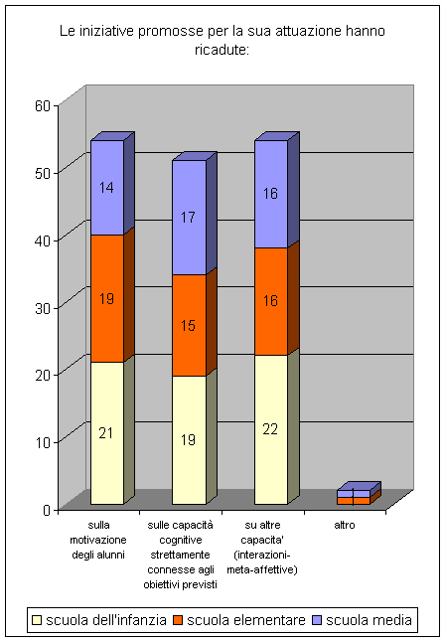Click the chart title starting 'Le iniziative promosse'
click(x=222, y=40)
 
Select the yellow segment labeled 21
click(x=107, y=433)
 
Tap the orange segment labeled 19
click(x=107, y=298)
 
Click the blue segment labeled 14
click(x=107, y=188)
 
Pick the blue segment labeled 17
click(x=189, y=217)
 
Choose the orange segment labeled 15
click(x=189, y=325)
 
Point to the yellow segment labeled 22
click(x=271, y=429)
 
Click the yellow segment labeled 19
click(x=189, y=440)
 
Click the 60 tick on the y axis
click(x=42, y=106)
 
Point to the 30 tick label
click(x=42, y=308)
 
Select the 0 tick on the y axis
click(x=47, y=510)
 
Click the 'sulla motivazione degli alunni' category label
click(x=98, y=540)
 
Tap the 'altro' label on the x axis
click(x=345, y=525)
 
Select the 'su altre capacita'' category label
click(x=262, y=548)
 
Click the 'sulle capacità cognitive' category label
click(x=180, y=555)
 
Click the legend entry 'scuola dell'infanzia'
click(x=99, y=620)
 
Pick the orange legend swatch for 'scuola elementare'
click(x=178, y=620)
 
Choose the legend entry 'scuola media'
click(x=362, y=620)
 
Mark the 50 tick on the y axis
click(x=42, y=173)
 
